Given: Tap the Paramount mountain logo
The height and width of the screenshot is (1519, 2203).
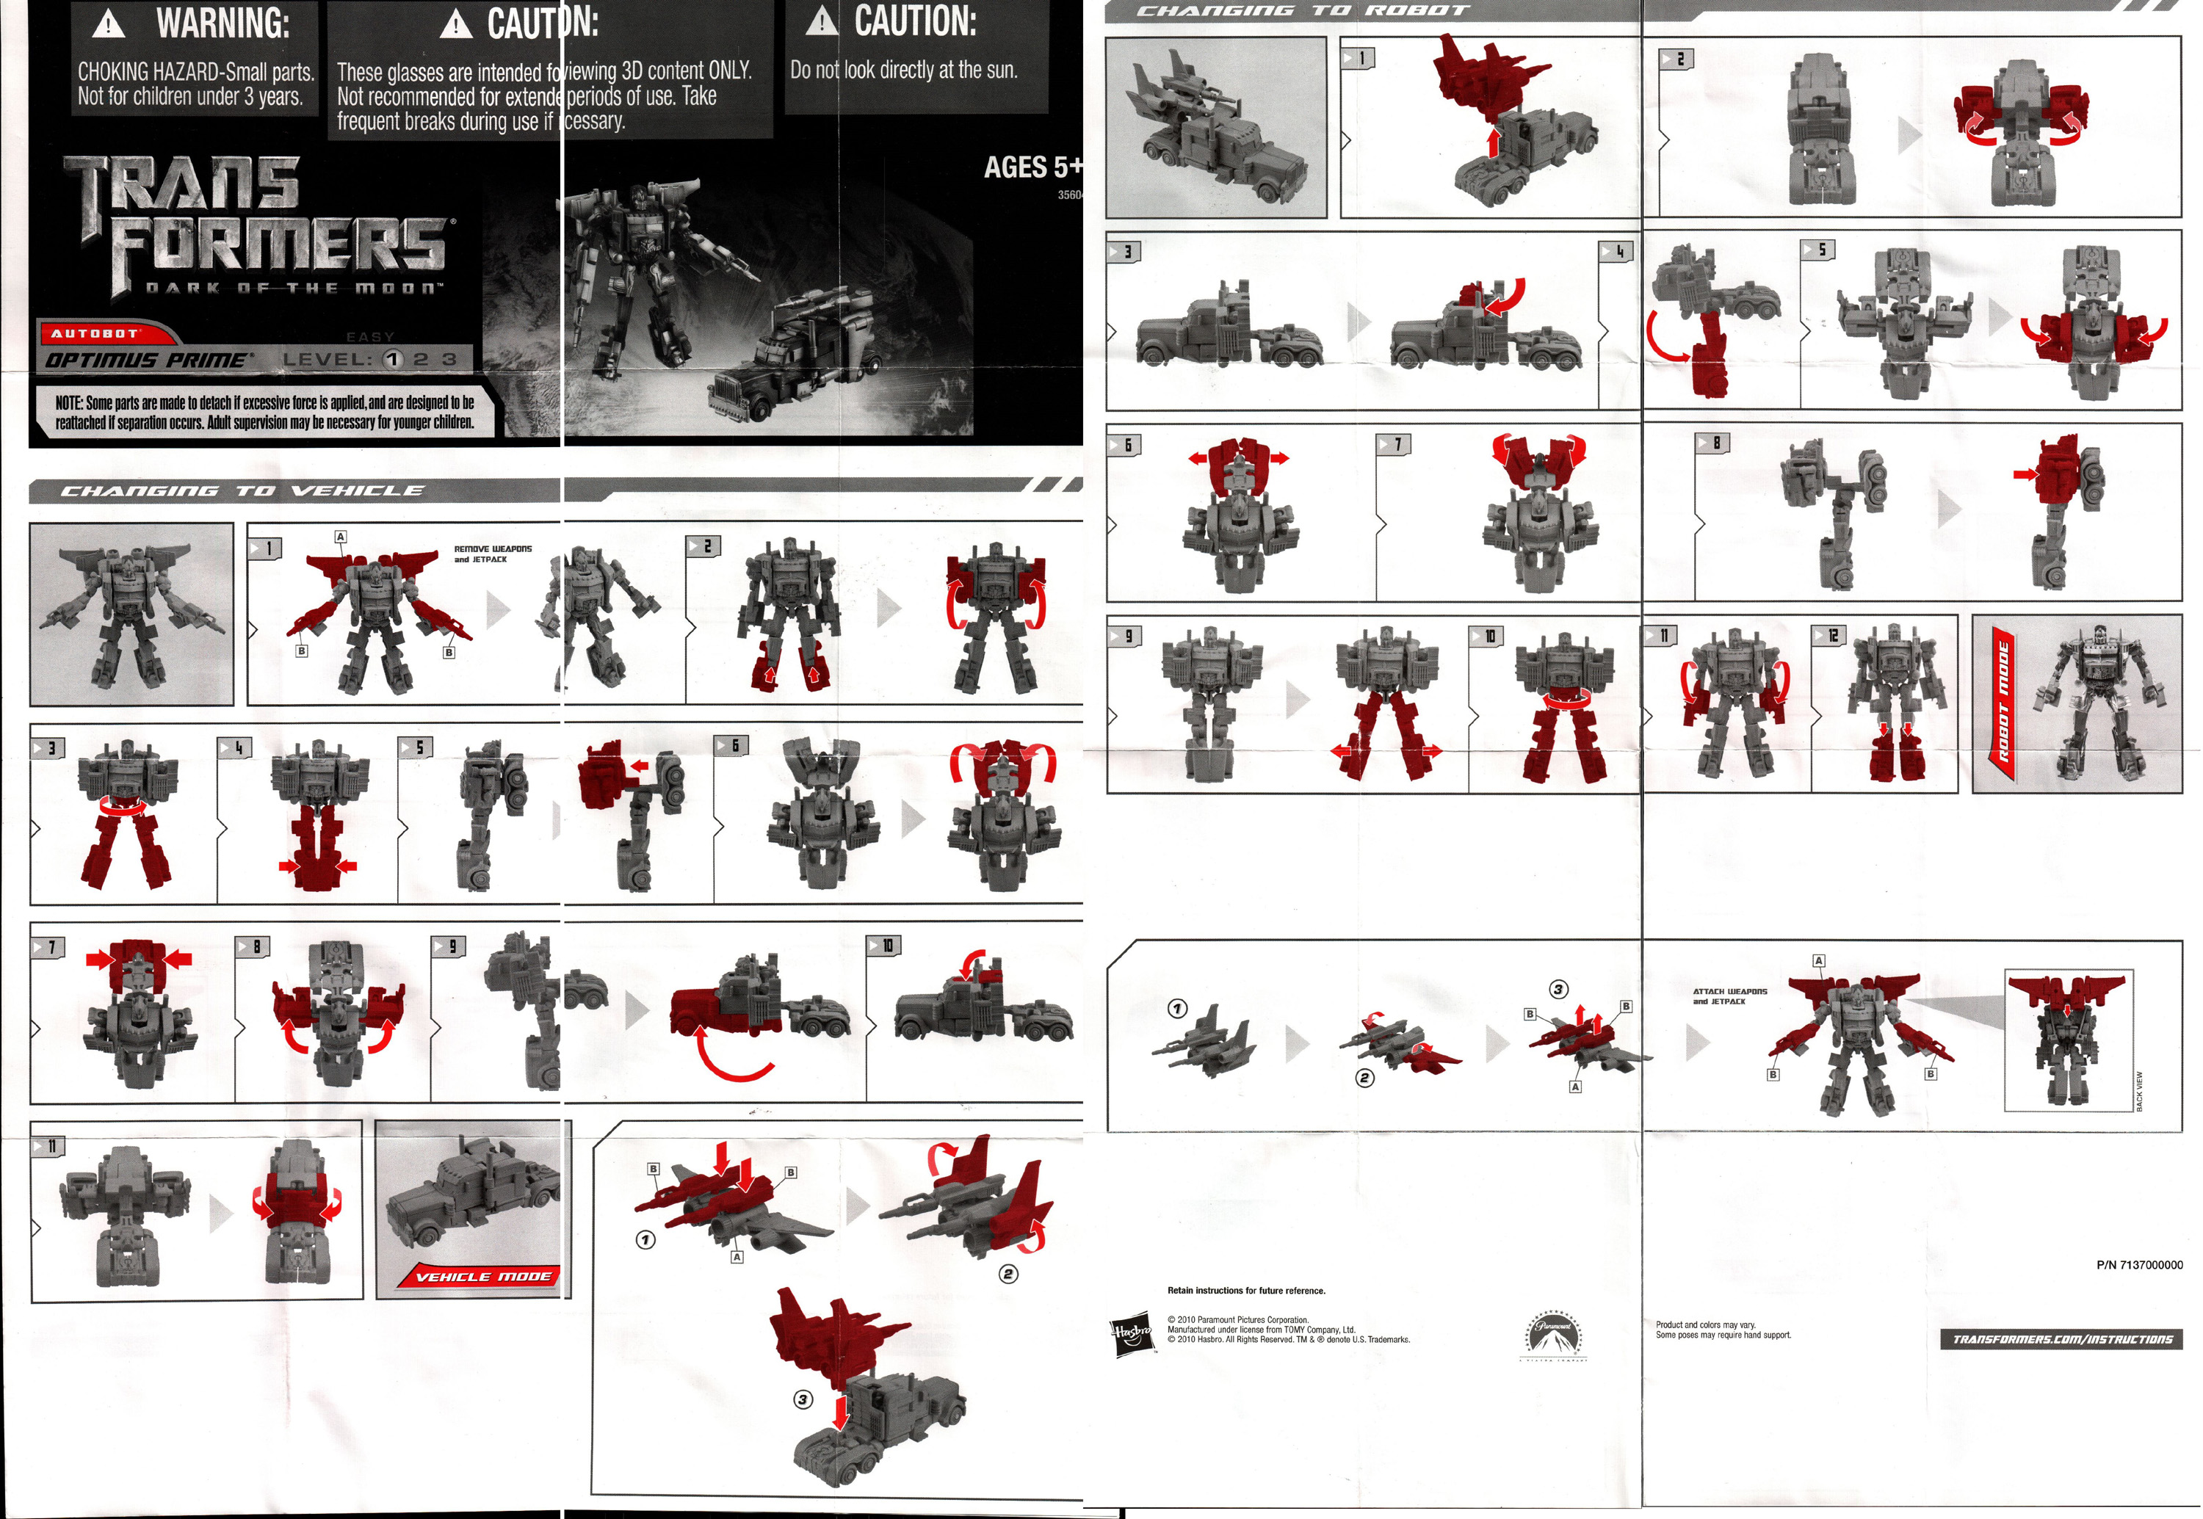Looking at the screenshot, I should pos(1554,1333).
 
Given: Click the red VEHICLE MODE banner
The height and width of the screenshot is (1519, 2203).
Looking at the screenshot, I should pos(484,1276).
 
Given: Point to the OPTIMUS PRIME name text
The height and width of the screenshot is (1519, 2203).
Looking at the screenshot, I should pos(148,360).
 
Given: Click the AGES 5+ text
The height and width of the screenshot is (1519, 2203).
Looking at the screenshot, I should pos(1032,167).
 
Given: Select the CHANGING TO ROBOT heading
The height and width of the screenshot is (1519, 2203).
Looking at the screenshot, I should pos(1303,10).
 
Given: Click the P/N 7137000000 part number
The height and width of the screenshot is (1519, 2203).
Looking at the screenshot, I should pos(2138,1265).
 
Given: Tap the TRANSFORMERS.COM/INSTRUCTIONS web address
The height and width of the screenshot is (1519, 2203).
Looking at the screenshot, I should pos(2061,1339).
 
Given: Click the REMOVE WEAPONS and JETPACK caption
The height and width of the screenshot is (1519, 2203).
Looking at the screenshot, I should pos(492,554).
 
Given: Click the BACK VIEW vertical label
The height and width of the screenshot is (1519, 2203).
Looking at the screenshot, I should pos(2139,1091).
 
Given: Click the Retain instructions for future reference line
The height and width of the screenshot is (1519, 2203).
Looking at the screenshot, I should pos(1245,1291).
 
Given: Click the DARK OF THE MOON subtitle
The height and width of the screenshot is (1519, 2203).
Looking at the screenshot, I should pos(293,288).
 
